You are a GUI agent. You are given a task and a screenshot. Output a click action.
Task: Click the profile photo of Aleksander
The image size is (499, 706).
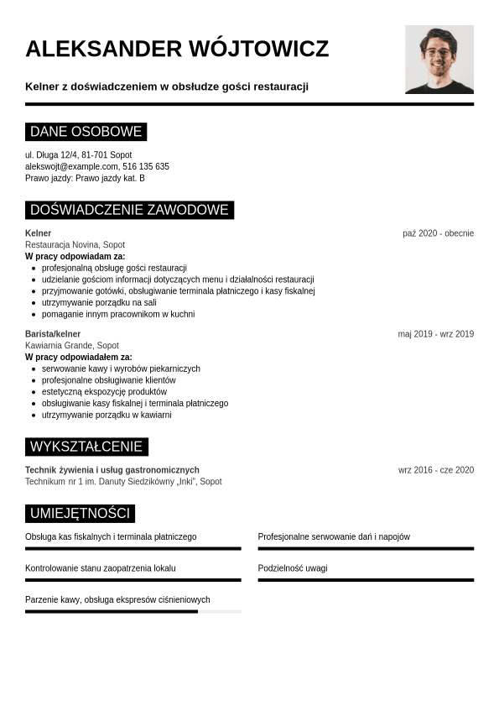click(439, 59)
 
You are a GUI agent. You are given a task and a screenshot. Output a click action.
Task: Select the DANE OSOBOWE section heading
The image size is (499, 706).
click(86, 132)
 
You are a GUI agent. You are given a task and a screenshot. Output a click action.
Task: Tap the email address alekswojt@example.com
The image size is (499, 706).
click(71, 166)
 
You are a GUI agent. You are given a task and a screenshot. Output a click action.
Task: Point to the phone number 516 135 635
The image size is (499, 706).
click(146, 166)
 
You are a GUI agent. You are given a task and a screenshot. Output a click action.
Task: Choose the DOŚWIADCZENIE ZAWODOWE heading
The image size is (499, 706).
click(129, 210)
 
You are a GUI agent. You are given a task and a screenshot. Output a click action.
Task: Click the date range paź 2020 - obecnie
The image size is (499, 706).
click(438, 233)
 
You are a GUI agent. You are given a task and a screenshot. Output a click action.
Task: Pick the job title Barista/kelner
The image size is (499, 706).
click(53, 334)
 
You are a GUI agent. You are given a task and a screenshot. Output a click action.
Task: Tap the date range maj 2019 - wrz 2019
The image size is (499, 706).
click(435, 334)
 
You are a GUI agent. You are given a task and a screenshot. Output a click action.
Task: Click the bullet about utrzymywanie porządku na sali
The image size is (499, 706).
click(99, 302)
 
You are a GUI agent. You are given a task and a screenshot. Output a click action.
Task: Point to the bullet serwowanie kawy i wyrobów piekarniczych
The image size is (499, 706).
click(121, 369)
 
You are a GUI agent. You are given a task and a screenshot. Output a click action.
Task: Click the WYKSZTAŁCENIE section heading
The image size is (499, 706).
click(86, 447)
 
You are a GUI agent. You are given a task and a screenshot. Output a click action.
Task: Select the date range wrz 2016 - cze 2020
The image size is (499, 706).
click(435, 470)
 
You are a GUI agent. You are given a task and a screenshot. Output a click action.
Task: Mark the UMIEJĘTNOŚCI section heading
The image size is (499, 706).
click(80, 513)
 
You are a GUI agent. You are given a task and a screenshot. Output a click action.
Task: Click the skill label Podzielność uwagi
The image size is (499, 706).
click(293, 568)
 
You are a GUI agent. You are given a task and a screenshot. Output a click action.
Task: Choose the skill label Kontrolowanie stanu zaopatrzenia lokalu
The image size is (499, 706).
click(101, 568)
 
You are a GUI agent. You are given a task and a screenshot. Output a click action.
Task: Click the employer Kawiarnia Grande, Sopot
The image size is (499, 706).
click(72, 345)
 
